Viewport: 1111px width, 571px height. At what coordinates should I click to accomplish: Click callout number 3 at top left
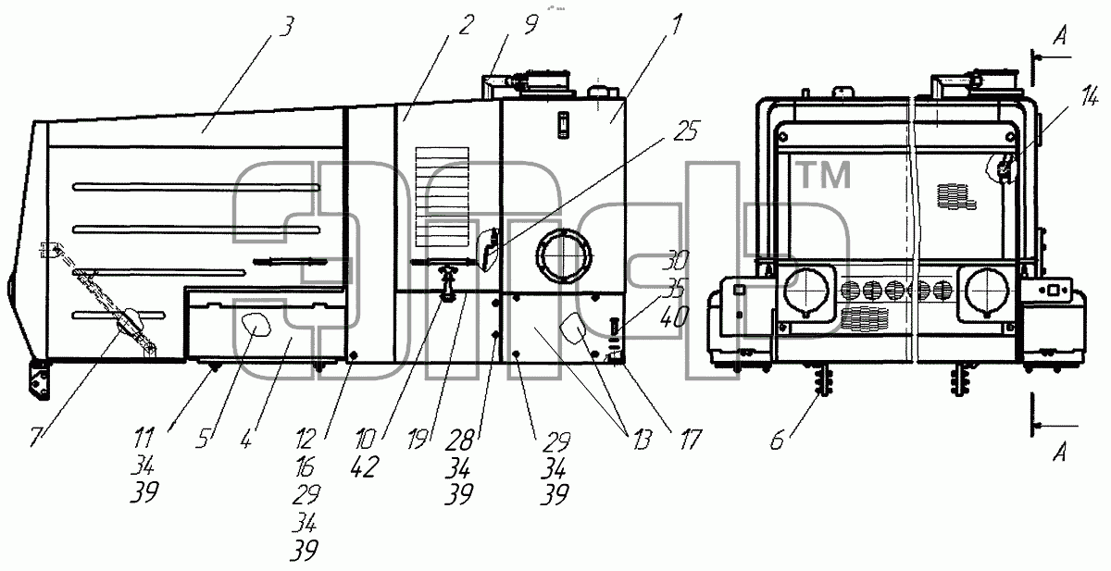pos(286,27)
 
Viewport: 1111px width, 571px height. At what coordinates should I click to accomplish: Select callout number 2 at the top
pos(466,25)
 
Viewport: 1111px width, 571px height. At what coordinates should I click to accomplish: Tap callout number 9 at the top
pos(531,24)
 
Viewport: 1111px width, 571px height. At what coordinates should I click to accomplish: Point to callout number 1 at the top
pos(677,23)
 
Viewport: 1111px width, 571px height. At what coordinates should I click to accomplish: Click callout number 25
pos(685,130)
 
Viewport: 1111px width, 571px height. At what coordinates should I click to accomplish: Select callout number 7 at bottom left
pos(36,437)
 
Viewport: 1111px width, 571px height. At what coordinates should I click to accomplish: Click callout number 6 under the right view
pos(778,440)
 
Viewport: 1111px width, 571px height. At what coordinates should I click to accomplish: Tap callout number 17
pos(690,440)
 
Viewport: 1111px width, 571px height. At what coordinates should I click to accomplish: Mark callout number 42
pos(365,467)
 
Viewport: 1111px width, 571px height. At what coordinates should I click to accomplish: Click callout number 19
pos(418,440)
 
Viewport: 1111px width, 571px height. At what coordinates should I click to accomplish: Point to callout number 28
pos(459,441)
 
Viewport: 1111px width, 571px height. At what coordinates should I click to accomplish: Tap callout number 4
pos(246,438)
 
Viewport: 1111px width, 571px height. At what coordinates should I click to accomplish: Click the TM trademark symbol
pos(824,176)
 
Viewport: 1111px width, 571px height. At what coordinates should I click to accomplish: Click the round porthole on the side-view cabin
pos(564,256)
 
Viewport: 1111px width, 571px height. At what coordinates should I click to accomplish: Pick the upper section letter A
pos(1060,36)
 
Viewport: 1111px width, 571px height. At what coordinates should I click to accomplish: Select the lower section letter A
pos(1060,452)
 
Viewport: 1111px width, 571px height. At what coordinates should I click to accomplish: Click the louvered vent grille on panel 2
pos(442,197)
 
